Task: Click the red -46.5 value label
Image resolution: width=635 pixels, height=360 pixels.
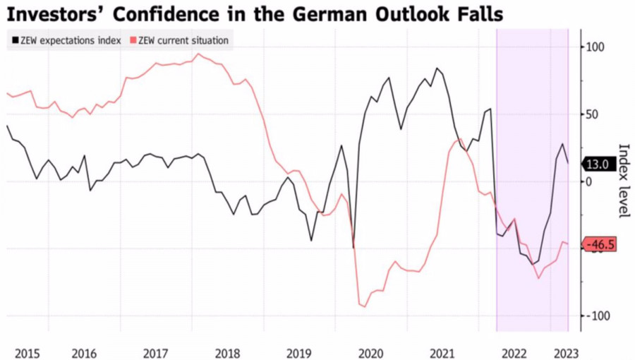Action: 598,244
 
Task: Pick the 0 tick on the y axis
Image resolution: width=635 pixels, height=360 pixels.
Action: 591,181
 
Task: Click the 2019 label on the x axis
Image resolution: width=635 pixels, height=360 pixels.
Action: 299,352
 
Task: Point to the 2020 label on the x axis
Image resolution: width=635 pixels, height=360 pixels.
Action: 371,352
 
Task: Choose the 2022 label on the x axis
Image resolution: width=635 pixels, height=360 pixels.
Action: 514,352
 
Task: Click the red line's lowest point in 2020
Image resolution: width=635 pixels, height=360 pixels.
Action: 365,306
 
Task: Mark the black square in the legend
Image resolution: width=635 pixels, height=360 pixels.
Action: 14,40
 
